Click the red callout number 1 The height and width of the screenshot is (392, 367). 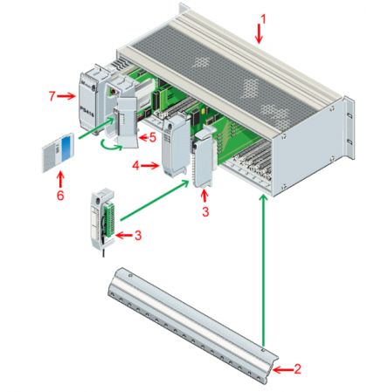pyautogui.click(x=263, y=19)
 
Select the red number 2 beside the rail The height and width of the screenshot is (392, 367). pyautogui.click(x=297, y=369)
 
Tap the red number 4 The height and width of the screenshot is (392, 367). pyautogui.click(x=135, y=166)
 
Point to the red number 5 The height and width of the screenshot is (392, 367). pyautogui.click(x=153, y=138)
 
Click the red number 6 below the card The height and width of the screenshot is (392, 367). pyautogui.click(x=60, y=196)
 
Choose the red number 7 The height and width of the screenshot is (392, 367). pyautogui.click(x=52, y=96)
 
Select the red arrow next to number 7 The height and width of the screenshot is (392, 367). pyautogui.click(x=66, y=96)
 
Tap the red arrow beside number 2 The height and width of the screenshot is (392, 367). pyautogui.click(x=283, y=370)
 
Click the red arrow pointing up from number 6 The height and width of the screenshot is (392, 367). pyautogui.click(x=60, y=180)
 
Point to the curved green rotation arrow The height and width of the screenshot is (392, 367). pyautogui.click(x=112, y=147)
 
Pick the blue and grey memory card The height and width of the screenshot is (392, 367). pyautogui.click(x=58, y=152)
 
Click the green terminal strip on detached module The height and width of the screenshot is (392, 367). pyautogui.click(x=109, y=220)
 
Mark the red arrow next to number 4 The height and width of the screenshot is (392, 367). pyautogui.click(x=149, y=166)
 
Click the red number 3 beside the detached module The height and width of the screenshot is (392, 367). pyautogui.click(x=138, y=236)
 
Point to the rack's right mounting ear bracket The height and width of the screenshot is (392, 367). pyautogui.click(x=350, y=128)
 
